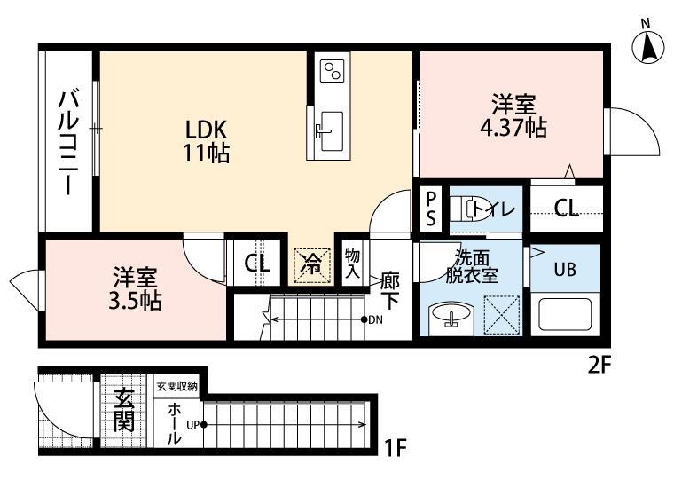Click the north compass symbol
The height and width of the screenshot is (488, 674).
(648, 46)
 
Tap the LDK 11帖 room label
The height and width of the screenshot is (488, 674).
(207, 141)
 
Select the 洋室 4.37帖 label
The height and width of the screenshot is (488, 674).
(513, 116)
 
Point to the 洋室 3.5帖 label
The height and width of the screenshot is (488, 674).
(135, 289)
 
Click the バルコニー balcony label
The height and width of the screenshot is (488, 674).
(68, 143)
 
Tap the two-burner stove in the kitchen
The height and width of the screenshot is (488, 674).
(333, 70)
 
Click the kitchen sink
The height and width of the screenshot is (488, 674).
(329, 131)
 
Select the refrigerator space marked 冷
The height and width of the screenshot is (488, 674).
(312, 265)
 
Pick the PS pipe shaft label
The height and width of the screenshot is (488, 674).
(431, 209)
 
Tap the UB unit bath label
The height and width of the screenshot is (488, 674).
(565, 270)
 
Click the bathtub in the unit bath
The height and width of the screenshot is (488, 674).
(565, 314)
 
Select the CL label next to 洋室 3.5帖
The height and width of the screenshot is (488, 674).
(257, 264)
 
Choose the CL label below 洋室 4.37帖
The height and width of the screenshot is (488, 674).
(566, 209)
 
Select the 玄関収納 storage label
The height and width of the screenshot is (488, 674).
(176, 386)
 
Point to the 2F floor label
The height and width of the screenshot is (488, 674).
(600, 366)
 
